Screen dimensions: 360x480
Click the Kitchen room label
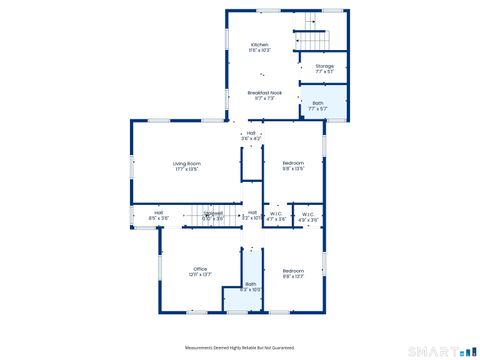(x=260, y=44)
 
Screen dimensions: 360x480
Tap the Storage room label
(x=325, y=66)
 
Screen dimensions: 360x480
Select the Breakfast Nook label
(x=265, y=92)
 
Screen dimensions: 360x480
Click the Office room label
(x=200, y=268)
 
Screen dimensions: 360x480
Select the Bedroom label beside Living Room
(x=293, y=162)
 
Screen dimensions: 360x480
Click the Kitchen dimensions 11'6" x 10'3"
(x=260, y=50)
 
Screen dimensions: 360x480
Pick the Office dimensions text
(x=200, y=274)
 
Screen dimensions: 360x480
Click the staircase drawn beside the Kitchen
(x=312, y=40)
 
